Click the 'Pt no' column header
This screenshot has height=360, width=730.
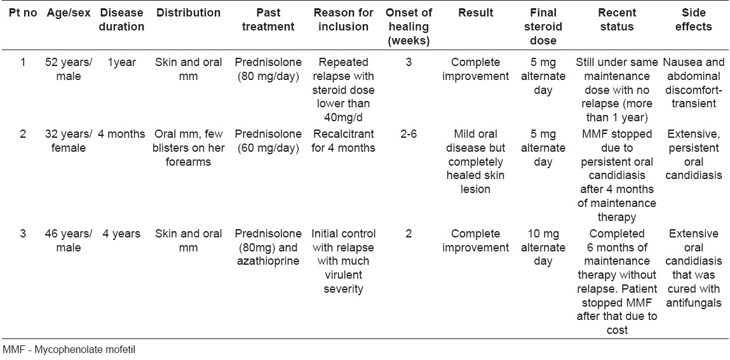tap(23, 13)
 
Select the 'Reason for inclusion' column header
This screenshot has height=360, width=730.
tap(345, 20)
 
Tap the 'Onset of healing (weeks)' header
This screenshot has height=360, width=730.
tap(409, 27)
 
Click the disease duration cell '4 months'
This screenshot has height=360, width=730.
tap(121, 134)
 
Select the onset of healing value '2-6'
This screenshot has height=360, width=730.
tap(409, 134)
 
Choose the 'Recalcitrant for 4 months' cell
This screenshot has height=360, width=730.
tap(345, 141)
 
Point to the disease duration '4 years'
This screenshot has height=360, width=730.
tap(121, 234)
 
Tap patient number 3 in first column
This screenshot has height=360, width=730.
tap(23, 234)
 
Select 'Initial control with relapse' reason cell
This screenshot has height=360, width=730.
tap(345, 260)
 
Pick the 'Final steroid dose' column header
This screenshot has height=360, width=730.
tap(543, 27)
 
